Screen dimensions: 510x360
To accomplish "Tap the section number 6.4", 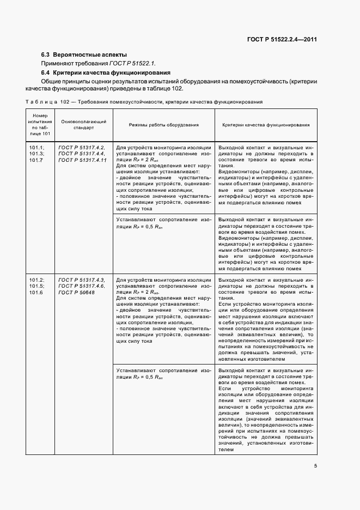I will click(46, 72).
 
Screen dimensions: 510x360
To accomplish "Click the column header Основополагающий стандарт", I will click(83, 125).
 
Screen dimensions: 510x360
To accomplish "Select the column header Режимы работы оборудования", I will click(163, 125).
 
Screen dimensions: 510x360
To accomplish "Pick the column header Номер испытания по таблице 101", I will click(41, 125).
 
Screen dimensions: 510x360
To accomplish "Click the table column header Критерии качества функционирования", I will click(266, 125).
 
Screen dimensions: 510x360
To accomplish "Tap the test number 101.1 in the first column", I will click(37, 148).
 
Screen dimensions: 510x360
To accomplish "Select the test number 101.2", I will click(37, 280).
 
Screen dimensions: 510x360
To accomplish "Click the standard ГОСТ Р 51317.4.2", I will click(82, 148).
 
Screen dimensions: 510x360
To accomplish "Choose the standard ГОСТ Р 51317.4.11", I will click(83, 160).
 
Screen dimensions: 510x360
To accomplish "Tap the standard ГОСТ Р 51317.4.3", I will click(82, 280).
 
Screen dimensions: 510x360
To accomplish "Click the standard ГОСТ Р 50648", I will click(76, 292).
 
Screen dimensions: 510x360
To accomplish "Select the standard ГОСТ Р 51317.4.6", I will click(82, 286).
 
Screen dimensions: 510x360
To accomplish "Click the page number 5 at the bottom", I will click(315, 465).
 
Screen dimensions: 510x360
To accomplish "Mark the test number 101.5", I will click(37, 286).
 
